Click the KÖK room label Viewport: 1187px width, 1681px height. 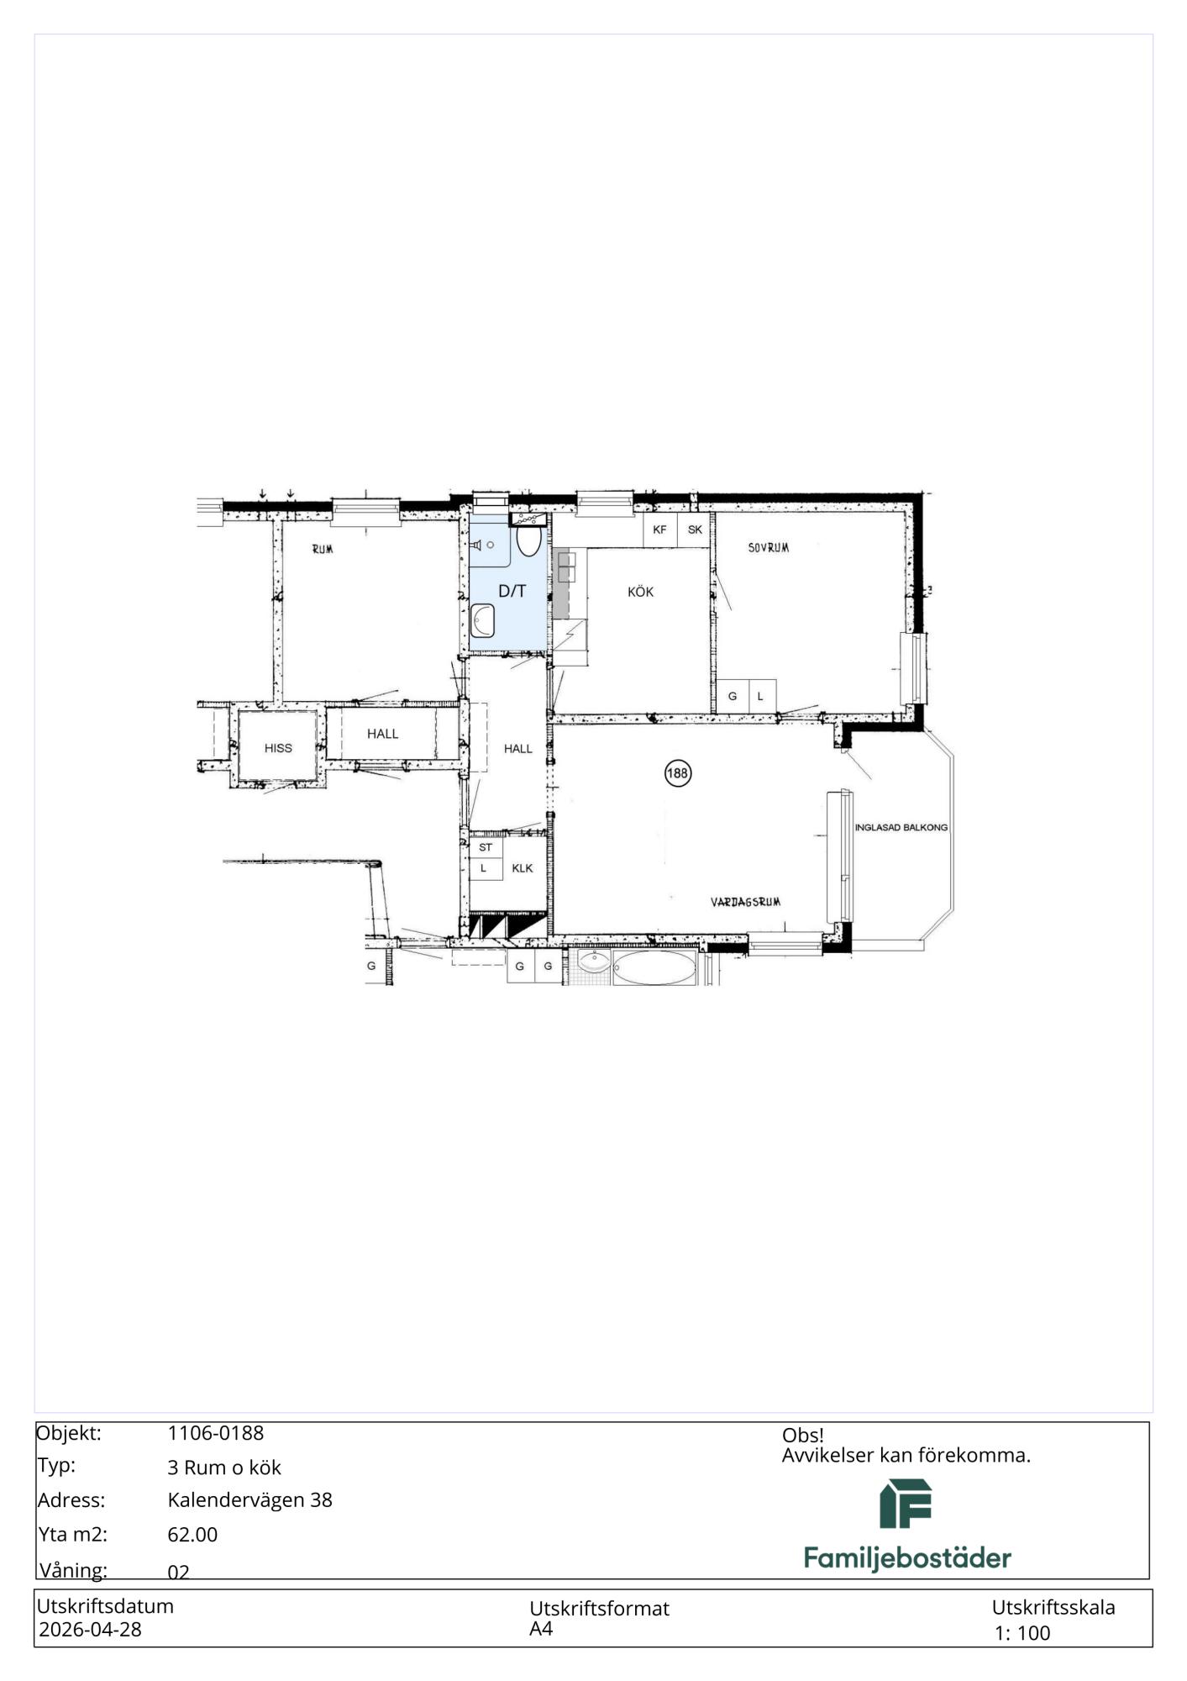coord(640,592)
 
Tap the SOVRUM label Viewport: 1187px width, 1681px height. coord(769,548)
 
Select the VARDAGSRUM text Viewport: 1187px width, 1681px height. coord(746,902)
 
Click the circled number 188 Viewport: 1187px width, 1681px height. coord(678,773)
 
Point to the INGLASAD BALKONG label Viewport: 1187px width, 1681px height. coord(901,827)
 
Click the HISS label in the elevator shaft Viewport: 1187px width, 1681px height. coord(278,748)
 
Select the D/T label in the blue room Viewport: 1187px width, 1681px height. coord(512,591)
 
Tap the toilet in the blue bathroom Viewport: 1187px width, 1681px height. coord(528,540)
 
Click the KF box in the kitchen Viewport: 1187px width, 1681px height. coord(660,530)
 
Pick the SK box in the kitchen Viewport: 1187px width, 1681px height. coord(695,530)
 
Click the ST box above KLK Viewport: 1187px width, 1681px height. coord(486,847)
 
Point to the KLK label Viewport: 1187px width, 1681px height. coord(523,868)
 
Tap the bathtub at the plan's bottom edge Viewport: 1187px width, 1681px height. coord(654,968)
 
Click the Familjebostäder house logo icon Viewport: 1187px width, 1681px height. coord(906,1504)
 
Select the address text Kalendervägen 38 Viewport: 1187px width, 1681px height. coord(250,1499)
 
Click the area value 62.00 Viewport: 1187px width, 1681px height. coord(192,1534)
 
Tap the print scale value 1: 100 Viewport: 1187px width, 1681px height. coord(1022,1633)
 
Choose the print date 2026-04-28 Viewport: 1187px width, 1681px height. coord(91,1629)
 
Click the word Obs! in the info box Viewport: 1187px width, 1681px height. coord(803,1436)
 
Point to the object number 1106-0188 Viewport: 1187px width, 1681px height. coord(216,1433)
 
